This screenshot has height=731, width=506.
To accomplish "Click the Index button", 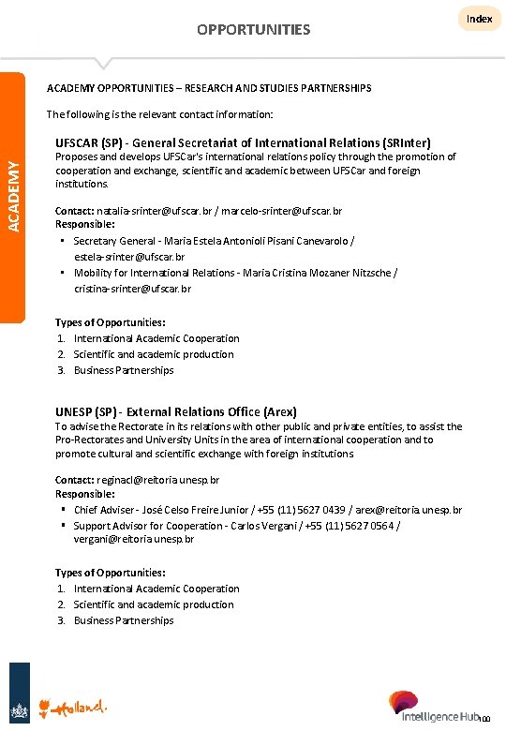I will [x=479, y=19].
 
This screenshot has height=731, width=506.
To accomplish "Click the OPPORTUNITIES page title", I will [x=253, y=30].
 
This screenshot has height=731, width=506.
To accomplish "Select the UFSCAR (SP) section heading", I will [x=243, y=142].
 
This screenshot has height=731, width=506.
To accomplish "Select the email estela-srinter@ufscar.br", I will [x=129, y=256].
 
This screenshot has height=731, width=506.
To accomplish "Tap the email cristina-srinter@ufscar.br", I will [x=132, y=289].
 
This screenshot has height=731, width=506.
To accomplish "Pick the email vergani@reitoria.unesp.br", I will [x=134, y=539].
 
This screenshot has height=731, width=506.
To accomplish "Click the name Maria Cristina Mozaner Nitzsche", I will [x=320, y=273].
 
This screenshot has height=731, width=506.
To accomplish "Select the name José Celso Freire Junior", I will [x=197, y=510].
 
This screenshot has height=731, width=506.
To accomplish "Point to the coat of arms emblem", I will [x=19, y=706].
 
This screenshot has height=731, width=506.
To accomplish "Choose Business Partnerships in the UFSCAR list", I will [x=124, y=370].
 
